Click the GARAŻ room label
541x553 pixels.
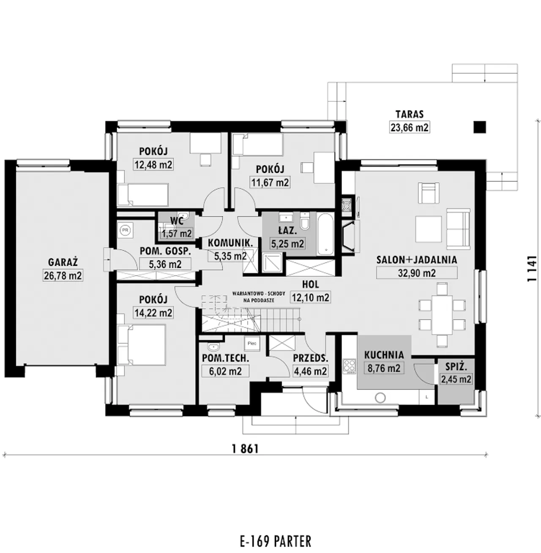pyautogui.click(x=63, y=262)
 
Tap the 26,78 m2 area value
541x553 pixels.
pyautogui.click(x=63, y=275)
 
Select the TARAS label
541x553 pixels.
pyautogui.click(x=410, y=114)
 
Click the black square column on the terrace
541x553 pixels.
pyautogui.click(x=480, y=127)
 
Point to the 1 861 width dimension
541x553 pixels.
pyautogui.click(x=245, y=449)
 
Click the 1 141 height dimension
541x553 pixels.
pyautogui.click(x=532, y=269)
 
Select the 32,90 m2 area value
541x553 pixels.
pyautogui.click(x=417, y=273)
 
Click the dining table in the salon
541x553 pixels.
pyautogui.click(x=442, y=315)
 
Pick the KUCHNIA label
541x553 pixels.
pyautogui.click(x=384, y=355)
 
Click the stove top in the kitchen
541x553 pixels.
pyautogui.click(x=350, y=366)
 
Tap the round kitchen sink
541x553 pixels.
pyautogui.click(x=380, y=398)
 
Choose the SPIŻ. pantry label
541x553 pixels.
pyautogui.click(x=456, y=367)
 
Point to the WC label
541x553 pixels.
pyautogui.click(x=177, y=221)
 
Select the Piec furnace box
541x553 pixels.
pyautogui.click(x=252, y=343)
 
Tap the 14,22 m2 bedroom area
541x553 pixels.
pyautogui.click(x=153, y=313)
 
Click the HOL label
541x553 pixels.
pyautogui.click(x=311, y=284)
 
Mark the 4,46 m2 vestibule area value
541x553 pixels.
pyautogui.click(x=310, y=371)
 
